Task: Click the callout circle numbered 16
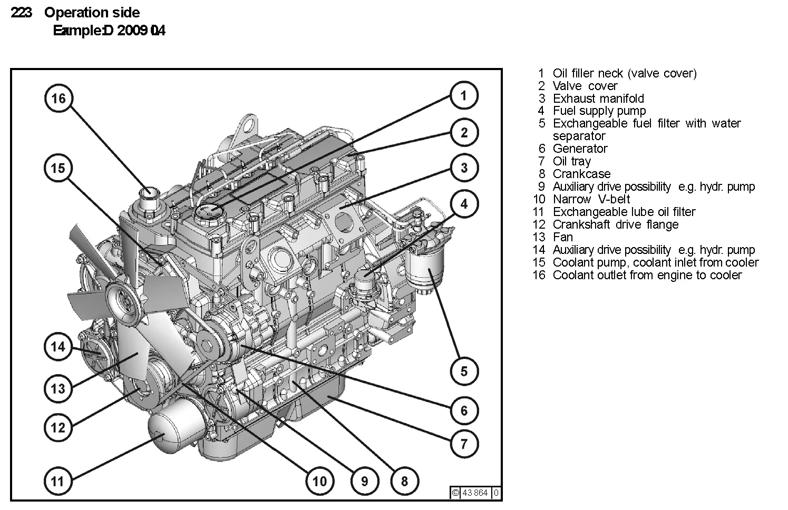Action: [x=59, y=99]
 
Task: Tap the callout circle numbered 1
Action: [x=464, y=95]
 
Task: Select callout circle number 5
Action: [x=464, y=371]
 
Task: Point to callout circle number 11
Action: [x=57, y=480]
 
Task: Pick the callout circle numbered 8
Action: [x=404, y=480]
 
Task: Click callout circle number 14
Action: [x=58, y=347]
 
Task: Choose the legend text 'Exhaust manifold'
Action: [x=598, y=99]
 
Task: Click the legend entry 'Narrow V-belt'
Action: [x=591, y=199]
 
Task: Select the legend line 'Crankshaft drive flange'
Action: [x=615, y=224]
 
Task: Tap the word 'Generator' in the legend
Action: [x=580, y=149]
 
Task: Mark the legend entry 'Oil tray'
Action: [x=571, y=161]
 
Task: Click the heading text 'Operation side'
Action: [x=92, y=13]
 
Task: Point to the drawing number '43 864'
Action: [x=474, y=493]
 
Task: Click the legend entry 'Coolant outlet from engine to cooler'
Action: [x=647, y=275]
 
